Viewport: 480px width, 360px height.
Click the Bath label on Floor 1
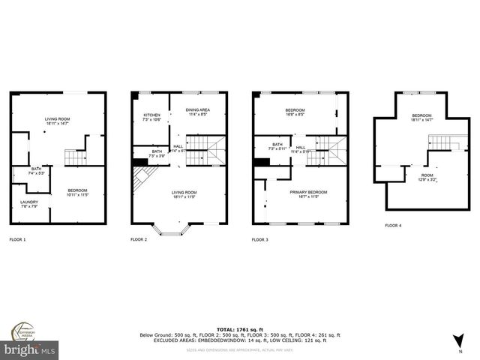click(37, 171)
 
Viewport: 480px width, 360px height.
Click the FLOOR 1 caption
click(17, 239)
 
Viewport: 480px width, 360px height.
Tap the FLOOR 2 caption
click(139, 239)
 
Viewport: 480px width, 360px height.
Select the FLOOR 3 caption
click(260, 239)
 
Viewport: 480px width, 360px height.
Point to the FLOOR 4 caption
click(393, 225)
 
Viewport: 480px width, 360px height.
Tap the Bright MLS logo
click(30, 349)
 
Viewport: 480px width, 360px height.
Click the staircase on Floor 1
click(75, 157)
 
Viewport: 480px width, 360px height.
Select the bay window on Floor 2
click(172, 229)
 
